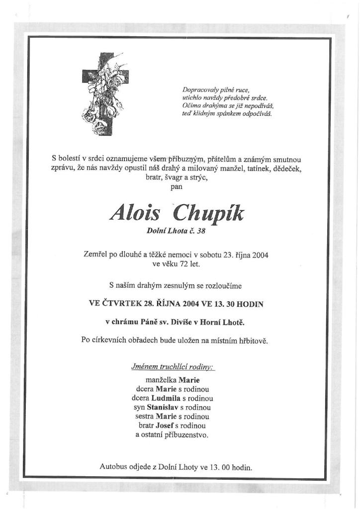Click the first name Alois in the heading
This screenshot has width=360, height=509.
point(136,214)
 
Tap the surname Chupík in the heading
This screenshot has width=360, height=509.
point(208,214)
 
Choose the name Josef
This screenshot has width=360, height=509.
point(164,425)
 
